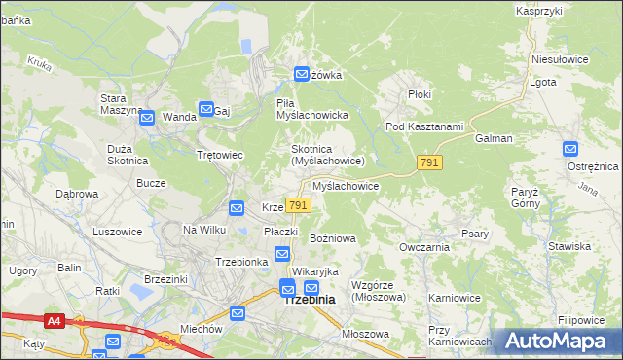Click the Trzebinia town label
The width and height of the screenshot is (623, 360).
tap(309, 300)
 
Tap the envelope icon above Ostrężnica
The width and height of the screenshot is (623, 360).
tap(571, 149)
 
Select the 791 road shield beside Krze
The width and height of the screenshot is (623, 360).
tap(299, 205)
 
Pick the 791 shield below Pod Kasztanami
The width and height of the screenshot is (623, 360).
tap(429, 162)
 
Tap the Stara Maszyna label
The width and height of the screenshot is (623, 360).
tap(122, 104)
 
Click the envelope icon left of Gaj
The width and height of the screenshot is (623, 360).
tap(205, 110)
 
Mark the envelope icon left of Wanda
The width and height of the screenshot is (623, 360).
tap(146, 119)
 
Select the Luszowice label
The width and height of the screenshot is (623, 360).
tap(118, 232)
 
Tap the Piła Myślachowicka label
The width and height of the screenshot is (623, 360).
tap(312, 108)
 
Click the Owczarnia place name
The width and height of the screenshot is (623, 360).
tap(423, 247)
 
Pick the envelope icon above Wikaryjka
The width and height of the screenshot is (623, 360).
tap(281, 254)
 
